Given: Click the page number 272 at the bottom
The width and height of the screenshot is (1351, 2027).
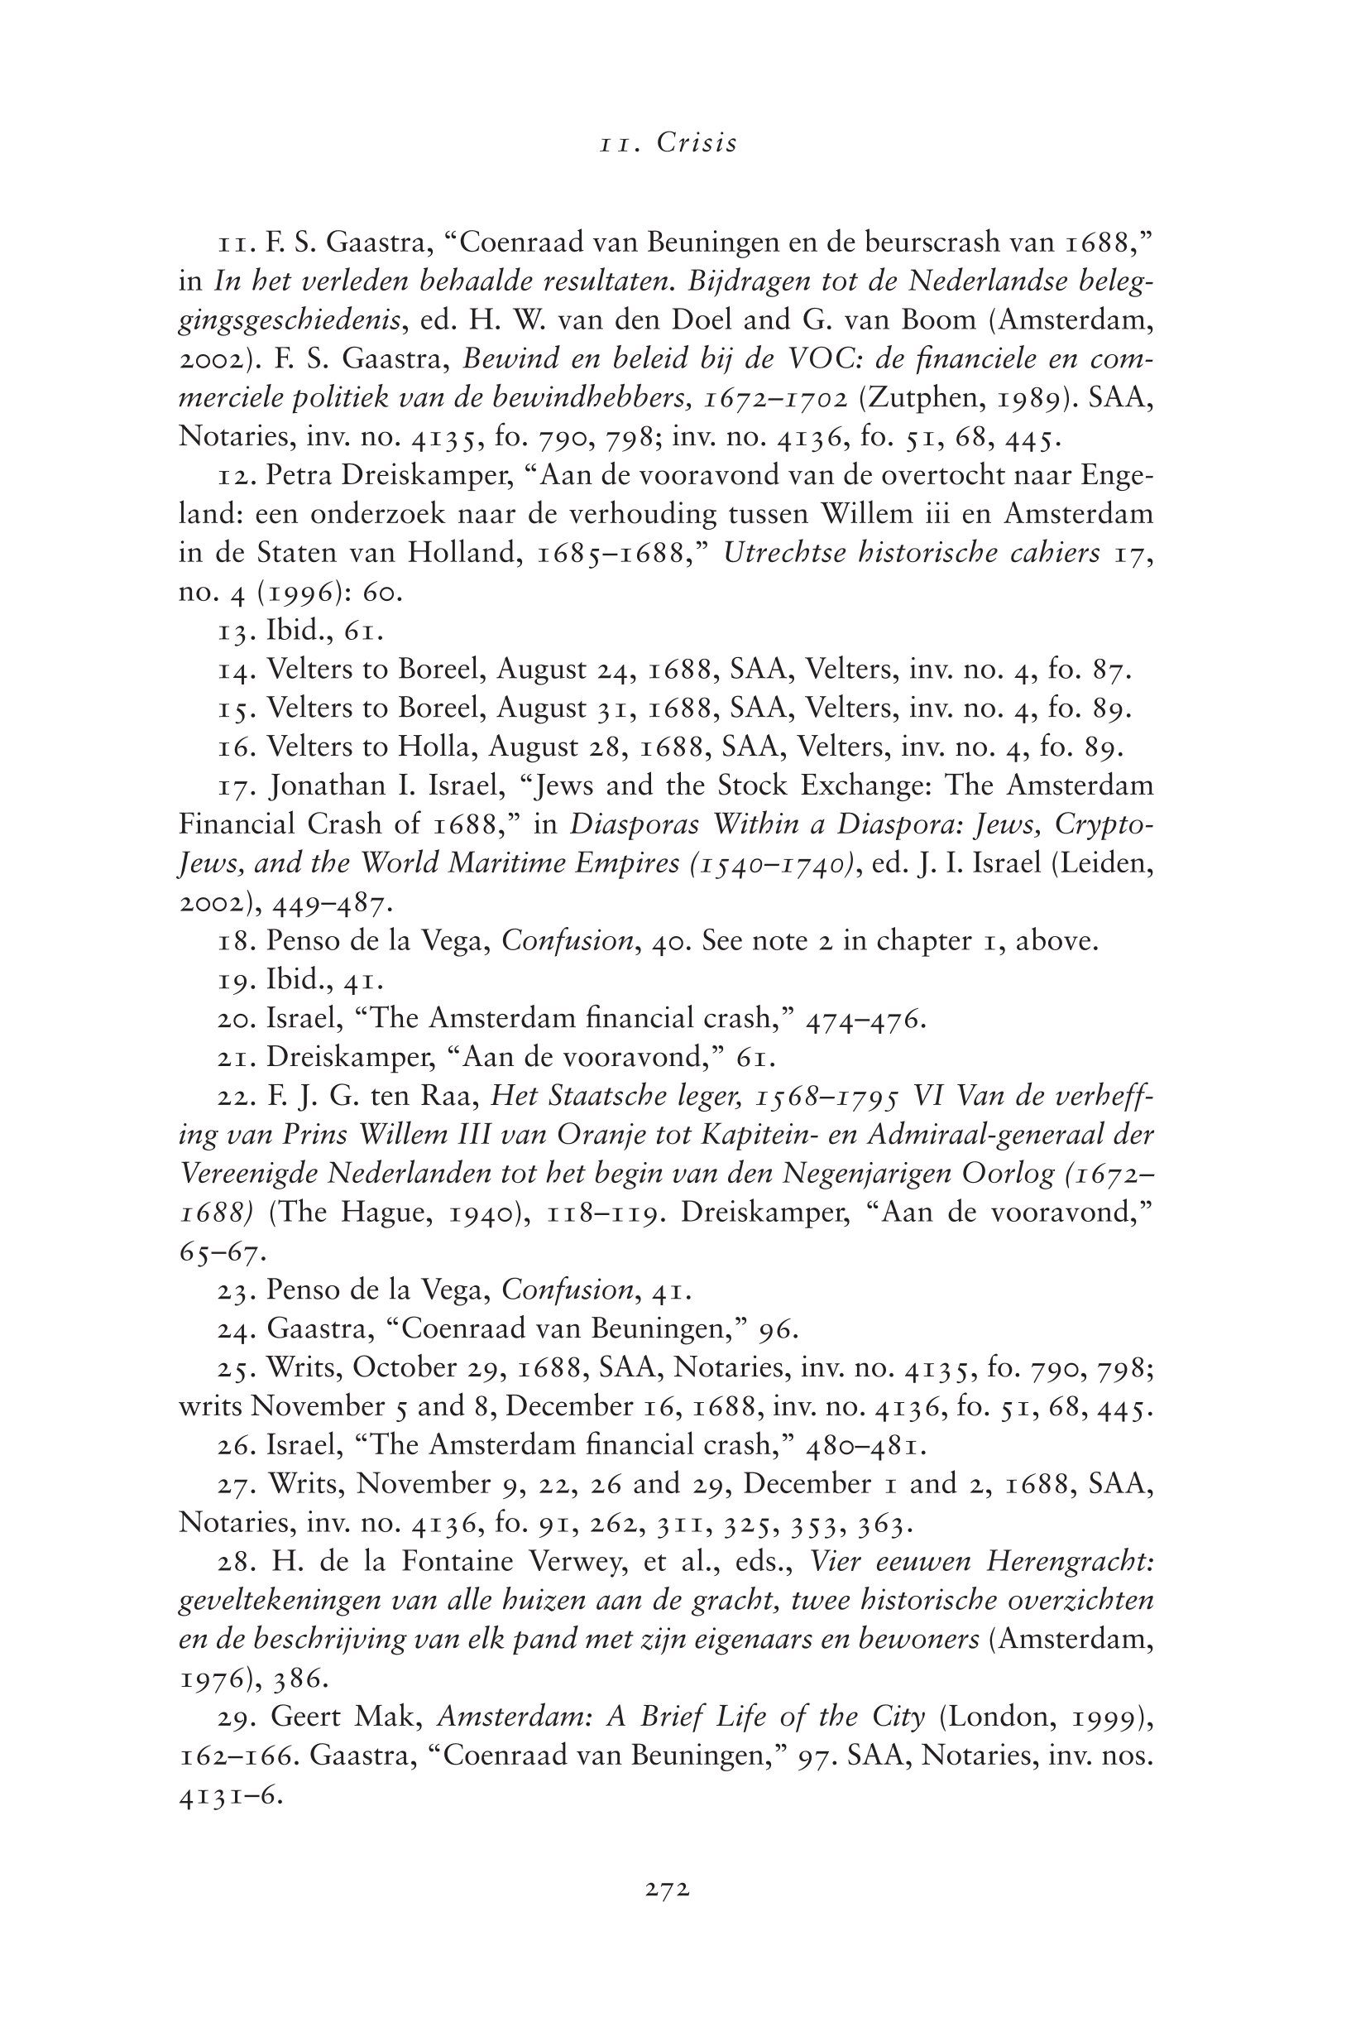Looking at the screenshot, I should click(667, 1889).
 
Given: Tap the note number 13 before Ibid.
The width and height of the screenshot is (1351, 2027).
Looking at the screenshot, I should click(234, 631).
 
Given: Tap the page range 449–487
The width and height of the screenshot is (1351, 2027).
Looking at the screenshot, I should click(333, 902).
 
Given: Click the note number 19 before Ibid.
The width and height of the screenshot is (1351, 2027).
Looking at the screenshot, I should click(234, 980).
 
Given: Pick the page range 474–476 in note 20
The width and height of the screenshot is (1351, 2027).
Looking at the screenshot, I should click(865, 1019).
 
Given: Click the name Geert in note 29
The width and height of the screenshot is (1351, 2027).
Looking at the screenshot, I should click(306, 1717).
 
